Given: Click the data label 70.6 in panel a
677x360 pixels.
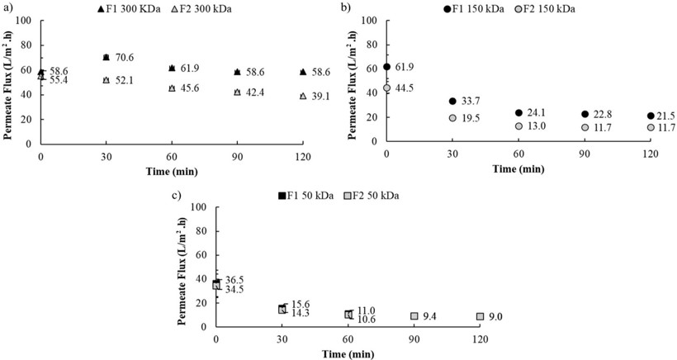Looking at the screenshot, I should (124, 58).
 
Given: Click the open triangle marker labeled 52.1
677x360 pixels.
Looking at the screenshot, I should (106, 80).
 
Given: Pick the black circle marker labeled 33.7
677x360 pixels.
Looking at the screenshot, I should (452, 102).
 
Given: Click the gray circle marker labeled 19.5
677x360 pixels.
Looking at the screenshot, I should (452, 118).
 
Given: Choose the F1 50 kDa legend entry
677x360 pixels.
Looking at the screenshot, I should (310, 195).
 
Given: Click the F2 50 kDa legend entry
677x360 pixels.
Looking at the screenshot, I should (379, 195).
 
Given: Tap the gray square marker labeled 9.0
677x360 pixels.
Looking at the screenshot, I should (480, 316).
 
